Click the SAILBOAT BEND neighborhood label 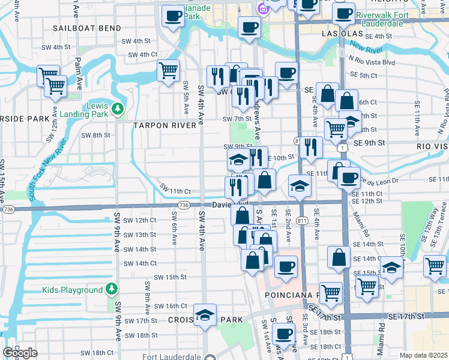click(88, 28)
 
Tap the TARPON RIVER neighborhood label click(164, 125)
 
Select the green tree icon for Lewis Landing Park click(119, 108)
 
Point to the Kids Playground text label click(73, 290)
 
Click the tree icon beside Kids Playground click(111, 290)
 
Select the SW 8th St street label click(95, 135)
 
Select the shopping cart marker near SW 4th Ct click(169, 70)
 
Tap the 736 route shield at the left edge click(8, 209)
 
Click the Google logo click(20, 353)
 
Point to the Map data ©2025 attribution click(424, 355)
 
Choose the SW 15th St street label click(170, 277)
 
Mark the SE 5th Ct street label click(365, 76)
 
